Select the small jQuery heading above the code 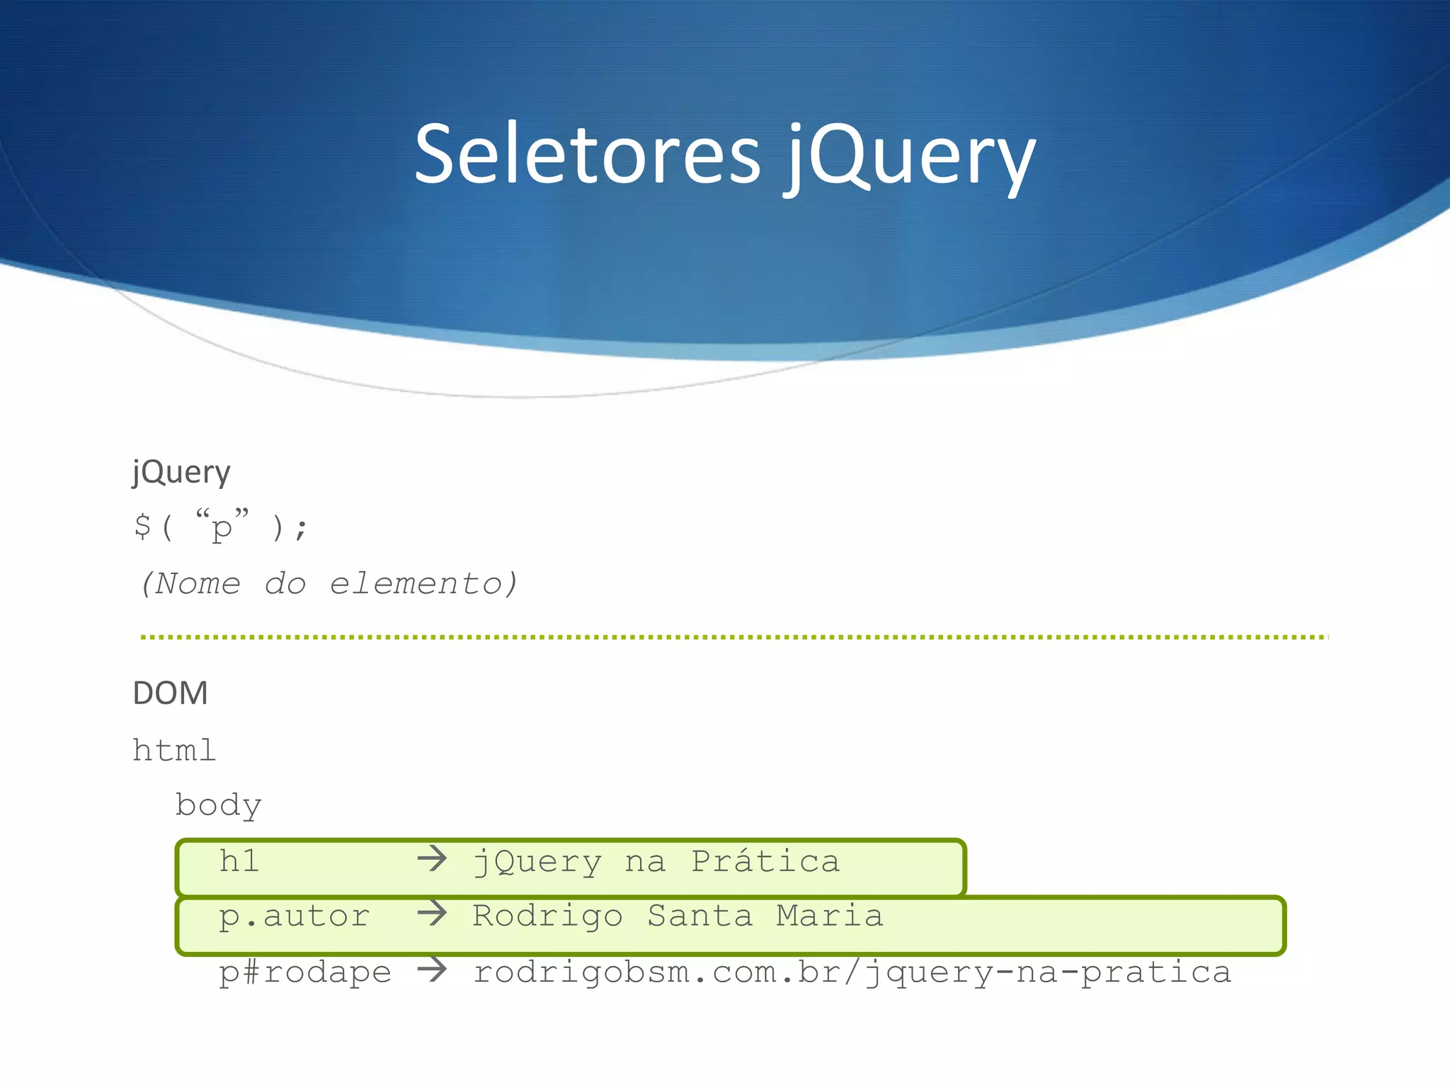point(181,473)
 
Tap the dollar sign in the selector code point(142,527)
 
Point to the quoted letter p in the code point(222,527)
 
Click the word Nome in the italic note point(198,584)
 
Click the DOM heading point(171,693)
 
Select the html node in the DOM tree point(174,750)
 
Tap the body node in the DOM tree point(219,805)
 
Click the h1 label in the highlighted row point(239,861)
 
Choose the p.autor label point(294,916)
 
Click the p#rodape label point(304,972)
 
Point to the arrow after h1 point(432,860)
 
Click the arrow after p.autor point(432,914)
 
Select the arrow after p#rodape point(432,970)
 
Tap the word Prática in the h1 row point(765,861)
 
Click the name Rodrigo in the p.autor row point(547,916)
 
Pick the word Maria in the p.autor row point(830,916)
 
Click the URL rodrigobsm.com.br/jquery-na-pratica point(852,972)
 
